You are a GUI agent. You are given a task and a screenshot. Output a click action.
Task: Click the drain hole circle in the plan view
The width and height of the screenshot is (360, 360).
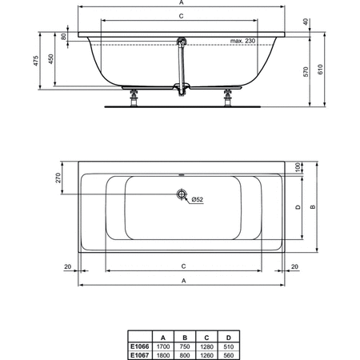coord(182,195)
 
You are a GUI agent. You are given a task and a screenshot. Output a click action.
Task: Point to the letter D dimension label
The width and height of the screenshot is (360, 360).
coord(299,207)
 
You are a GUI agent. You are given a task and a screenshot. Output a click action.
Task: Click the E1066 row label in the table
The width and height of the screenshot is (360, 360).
coord(141,346)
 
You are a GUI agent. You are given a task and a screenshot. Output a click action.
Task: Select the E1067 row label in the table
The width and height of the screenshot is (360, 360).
coord(141,354)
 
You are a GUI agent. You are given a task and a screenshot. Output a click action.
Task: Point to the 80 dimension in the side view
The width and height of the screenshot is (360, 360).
coord(65,37)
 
